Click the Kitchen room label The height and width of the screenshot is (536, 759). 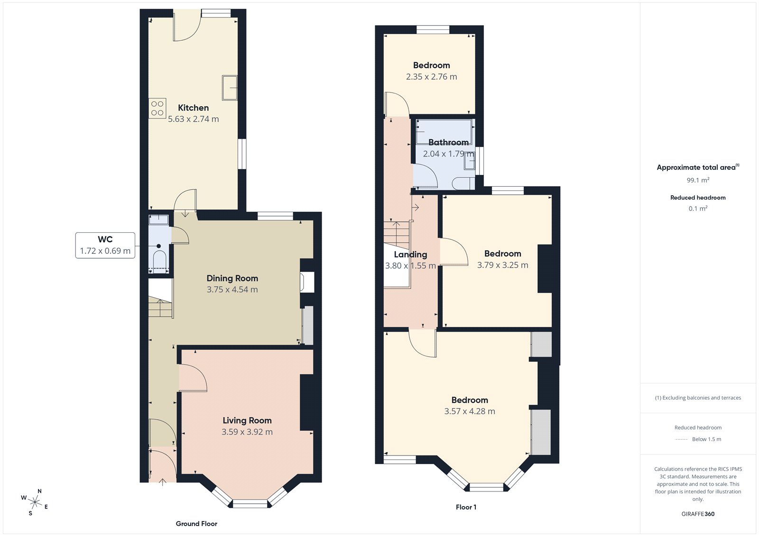pos(193,108)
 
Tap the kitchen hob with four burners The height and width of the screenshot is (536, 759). pos(157,109)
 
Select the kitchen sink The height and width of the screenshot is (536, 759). pos(230,88)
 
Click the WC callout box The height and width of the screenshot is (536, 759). pos(105,245)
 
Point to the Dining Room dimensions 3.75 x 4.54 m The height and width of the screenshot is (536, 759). pos(232,290)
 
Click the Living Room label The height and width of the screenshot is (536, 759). pos(247,420)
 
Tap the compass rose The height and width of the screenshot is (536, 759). pos(35,501)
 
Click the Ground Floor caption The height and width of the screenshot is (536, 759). pos(196,524)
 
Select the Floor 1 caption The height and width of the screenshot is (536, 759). pos(466,507)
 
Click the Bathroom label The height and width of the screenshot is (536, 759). pos(448,142)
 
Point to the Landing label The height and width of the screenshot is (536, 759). pos(410,254)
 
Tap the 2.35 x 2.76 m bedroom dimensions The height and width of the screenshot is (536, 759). pos(431,77)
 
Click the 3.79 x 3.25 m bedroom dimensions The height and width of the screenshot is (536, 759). pos(502,265)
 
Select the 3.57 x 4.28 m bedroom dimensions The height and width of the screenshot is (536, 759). pos(470,411)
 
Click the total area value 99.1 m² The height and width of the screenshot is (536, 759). pos(698,180)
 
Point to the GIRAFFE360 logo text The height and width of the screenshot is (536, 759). pos(698,514)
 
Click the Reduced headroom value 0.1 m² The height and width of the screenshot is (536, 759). pos(698,209)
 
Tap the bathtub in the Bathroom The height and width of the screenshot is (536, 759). pos(444,132)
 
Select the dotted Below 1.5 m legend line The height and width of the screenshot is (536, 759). pos(681,439)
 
